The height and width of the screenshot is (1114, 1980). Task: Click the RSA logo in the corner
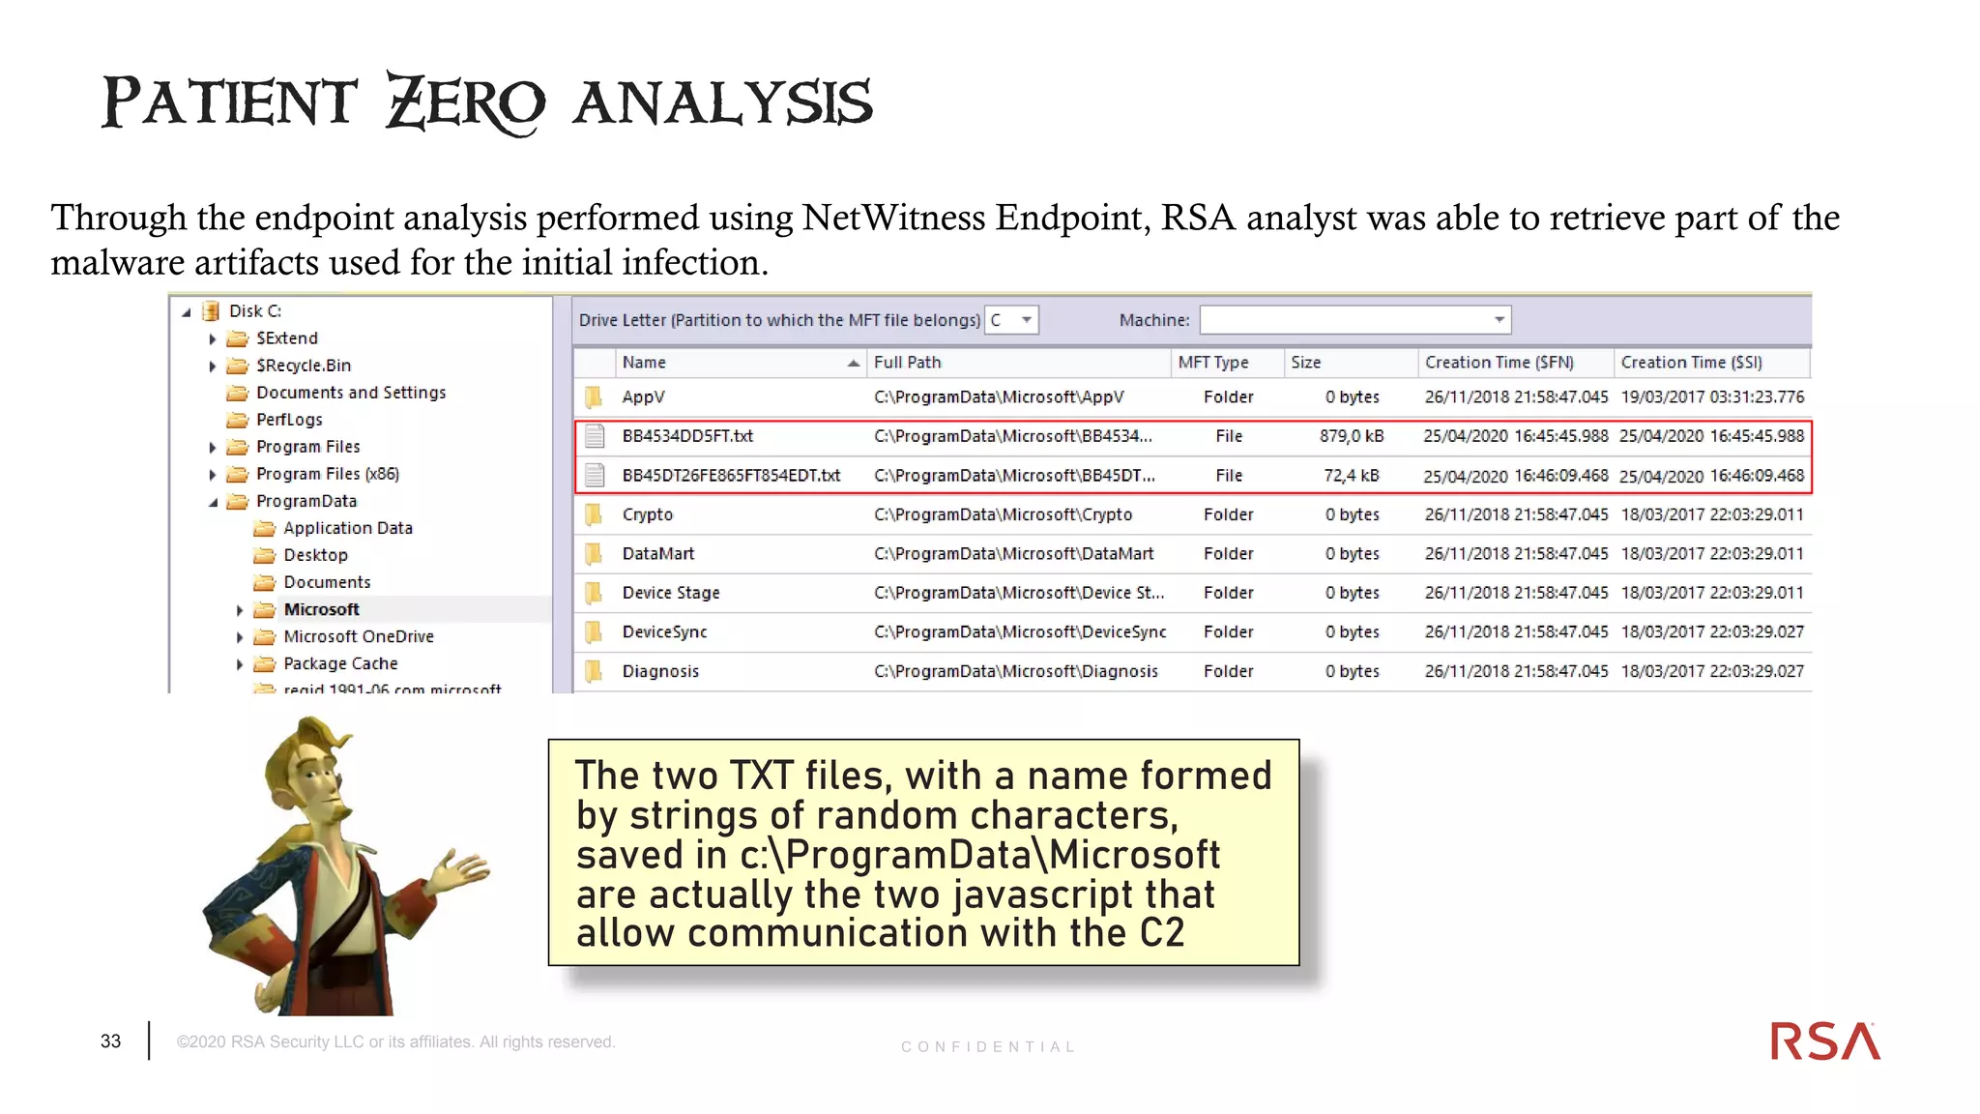click(x=1824, y=1041)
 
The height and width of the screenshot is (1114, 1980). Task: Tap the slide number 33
click(x=111, y=1041)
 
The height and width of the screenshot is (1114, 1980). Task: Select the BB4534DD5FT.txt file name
click(x=687, y=436)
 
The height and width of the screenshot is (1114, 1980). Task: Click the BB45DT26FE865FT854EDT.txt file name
click(x=731, y=476)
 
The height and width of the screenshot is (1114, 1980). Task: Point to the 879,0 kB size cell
click(x=1352, y=436)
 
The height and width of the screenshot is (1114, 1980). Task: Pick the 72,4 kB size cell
click(x=1352, y=476)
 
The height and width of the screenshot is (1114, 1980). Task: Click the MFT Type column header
click(x=1213, y=363)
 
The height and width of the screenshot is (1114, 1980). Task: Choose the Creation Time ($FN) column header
click(x=1499, y=363)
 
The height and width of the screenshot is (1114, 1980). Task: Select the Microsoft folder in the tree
click(x=321, y=609)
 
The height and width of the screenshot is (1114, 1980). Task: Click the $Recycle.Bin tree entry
click(x=303, y=366)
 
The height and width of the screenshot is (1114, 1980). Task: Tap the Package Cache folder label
click(x=340, y=663)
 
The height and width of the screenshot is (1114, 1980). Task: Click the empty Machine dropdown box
click(x=1354, y=320)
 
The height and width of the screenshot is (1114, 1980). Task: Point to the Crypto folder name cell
click(x=647, y=514)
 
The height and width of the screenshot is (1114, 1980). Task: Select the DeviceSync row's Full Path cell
click(x=1019, y=631)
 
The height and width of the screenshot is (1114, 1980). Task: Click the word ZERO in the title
click(x=465, y=103)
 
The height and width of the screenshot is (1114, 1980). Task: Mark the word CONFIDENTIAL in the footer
click(x=987, y=1047)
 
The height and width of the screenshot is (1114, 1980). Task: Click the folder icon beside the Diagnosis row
click(x=594, y=671)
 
